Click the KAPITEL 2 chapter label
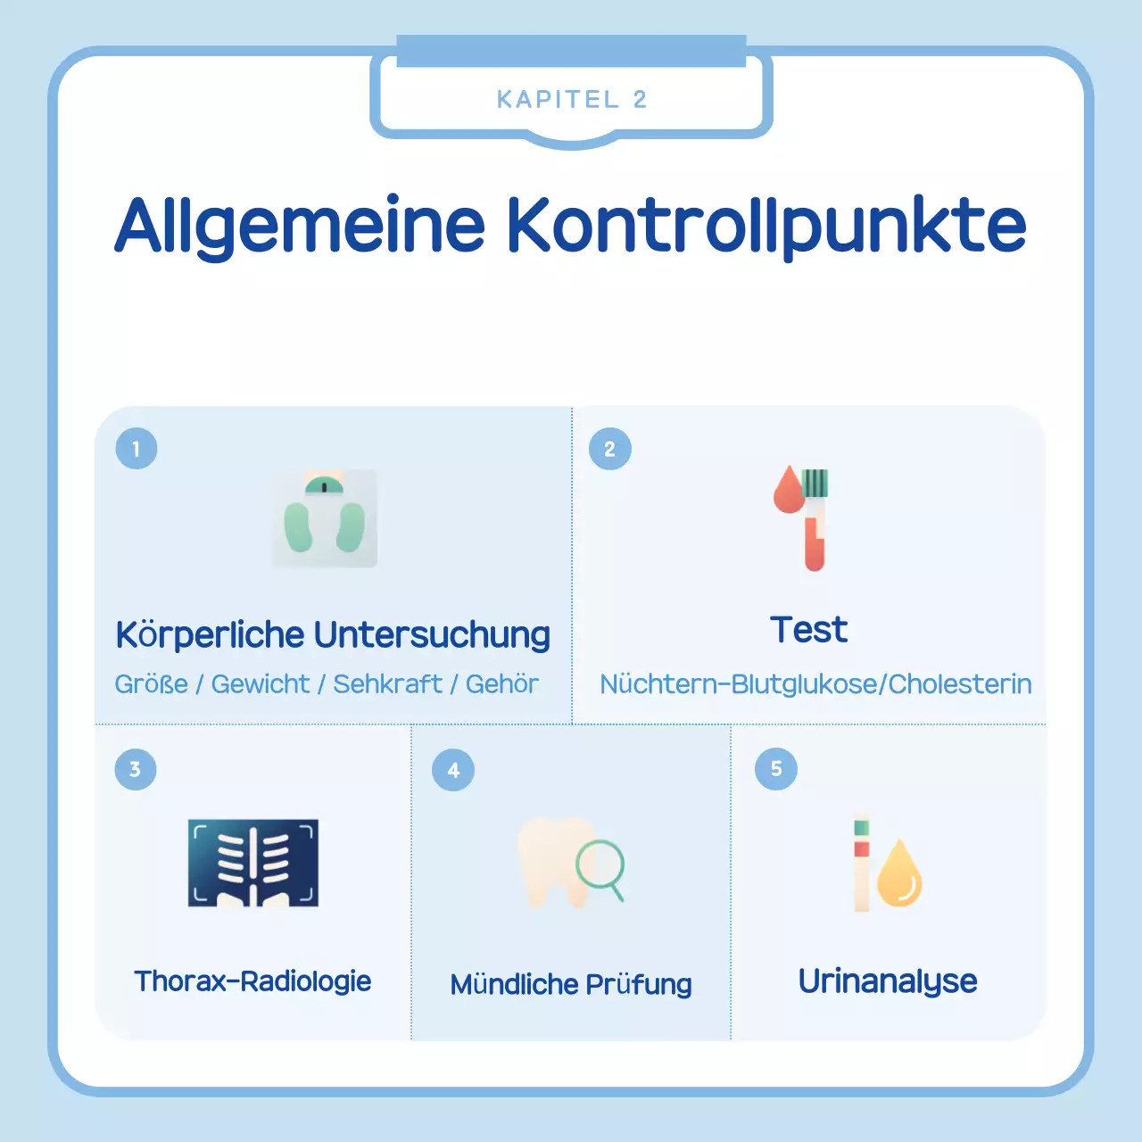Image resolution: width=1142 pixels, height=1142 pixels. tap(571, 99)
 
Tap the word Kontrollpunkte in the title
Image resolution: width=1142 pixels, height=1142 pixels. tap(766, 225)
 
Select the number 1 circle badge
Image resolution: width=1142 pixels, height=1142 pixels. tap(137, 449)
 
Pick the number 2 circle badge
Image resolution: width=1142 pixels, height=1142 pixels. tap(610, 449)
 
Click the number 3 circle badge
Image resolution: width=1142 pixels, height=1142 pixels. tap(136, 769)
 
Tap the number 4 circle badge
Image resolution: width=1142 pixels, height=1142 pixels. tap(453, 770)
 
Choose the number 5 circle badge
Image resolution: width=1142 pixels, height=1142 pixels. tap(776, 769)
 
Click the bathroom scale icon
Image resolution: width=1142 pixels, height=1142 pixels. tap(325, 518)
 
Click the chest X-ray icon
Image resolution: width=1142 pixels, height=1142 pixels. tap(253, 863)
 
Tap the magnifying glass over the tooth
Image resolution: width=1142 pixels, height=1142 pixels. tap(600, 867)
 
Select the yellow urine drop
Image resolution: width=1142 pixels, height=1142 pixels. tap(899, 875)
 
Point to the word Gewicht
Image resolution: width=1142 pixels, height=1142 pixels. tap(261, 684)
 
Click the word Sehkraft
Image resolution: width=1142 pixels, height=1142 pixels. tap(387, 684)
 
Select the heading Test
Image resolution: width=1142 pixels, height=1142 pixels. tap(808, 630)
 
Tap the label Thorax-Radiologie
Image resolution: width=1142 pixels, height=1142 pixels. tap(252, 981)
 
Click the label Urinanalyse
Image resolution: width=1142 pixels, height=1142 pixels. tap(888, 981)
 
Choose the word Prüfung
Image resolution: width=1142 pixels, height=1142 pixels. tap(639, 984)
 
